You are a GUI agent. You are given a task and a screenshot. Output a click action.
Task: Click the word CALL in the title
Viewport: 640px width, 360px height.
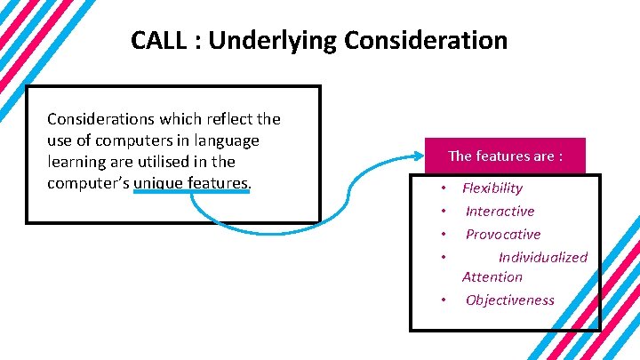[x=157, y=41]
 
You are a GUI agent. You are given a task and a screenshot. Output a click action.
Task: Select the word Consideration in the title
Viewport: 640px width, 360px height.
[x=426, y=41]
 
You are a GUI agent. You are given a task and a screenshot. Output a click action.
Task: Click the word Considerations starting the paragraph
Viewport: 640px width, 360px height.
[x=97, y=119]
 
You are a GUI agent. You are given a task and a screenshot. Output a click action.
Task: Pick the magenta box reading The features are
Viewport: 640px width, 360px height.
[x=505, y=156]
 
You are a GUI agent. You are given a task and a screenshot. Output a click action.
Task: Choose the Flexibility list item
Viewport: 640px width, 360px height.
[x=492, y=188]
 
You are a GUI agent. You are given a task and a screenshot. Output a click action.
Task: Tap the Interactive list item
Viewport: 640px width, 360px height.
[x=500, y=212]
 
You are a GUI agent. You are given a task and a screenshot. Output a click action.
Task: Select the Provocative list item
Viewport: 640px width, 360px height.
[x=503, y=235]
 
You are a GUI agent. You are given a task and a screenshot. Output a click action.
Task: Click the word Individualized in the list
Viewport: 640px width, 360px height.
[x=543, y=258]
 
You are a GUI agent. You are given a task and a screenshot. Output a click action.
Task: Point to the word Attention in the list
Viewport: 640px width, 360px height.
[x=492, y=277]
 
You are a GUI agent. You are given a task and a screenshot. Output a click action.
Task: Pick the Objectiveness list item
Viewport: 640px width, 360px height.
[x=509, y=300]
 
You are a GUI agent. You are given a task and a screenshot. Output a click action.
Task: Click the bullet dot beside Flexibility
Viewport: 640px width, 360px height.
[x=443, y=189]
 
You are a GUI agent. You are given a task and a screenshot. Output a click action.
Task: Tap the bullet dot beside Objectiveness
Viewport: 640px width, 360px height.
[x=443, y=301]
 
